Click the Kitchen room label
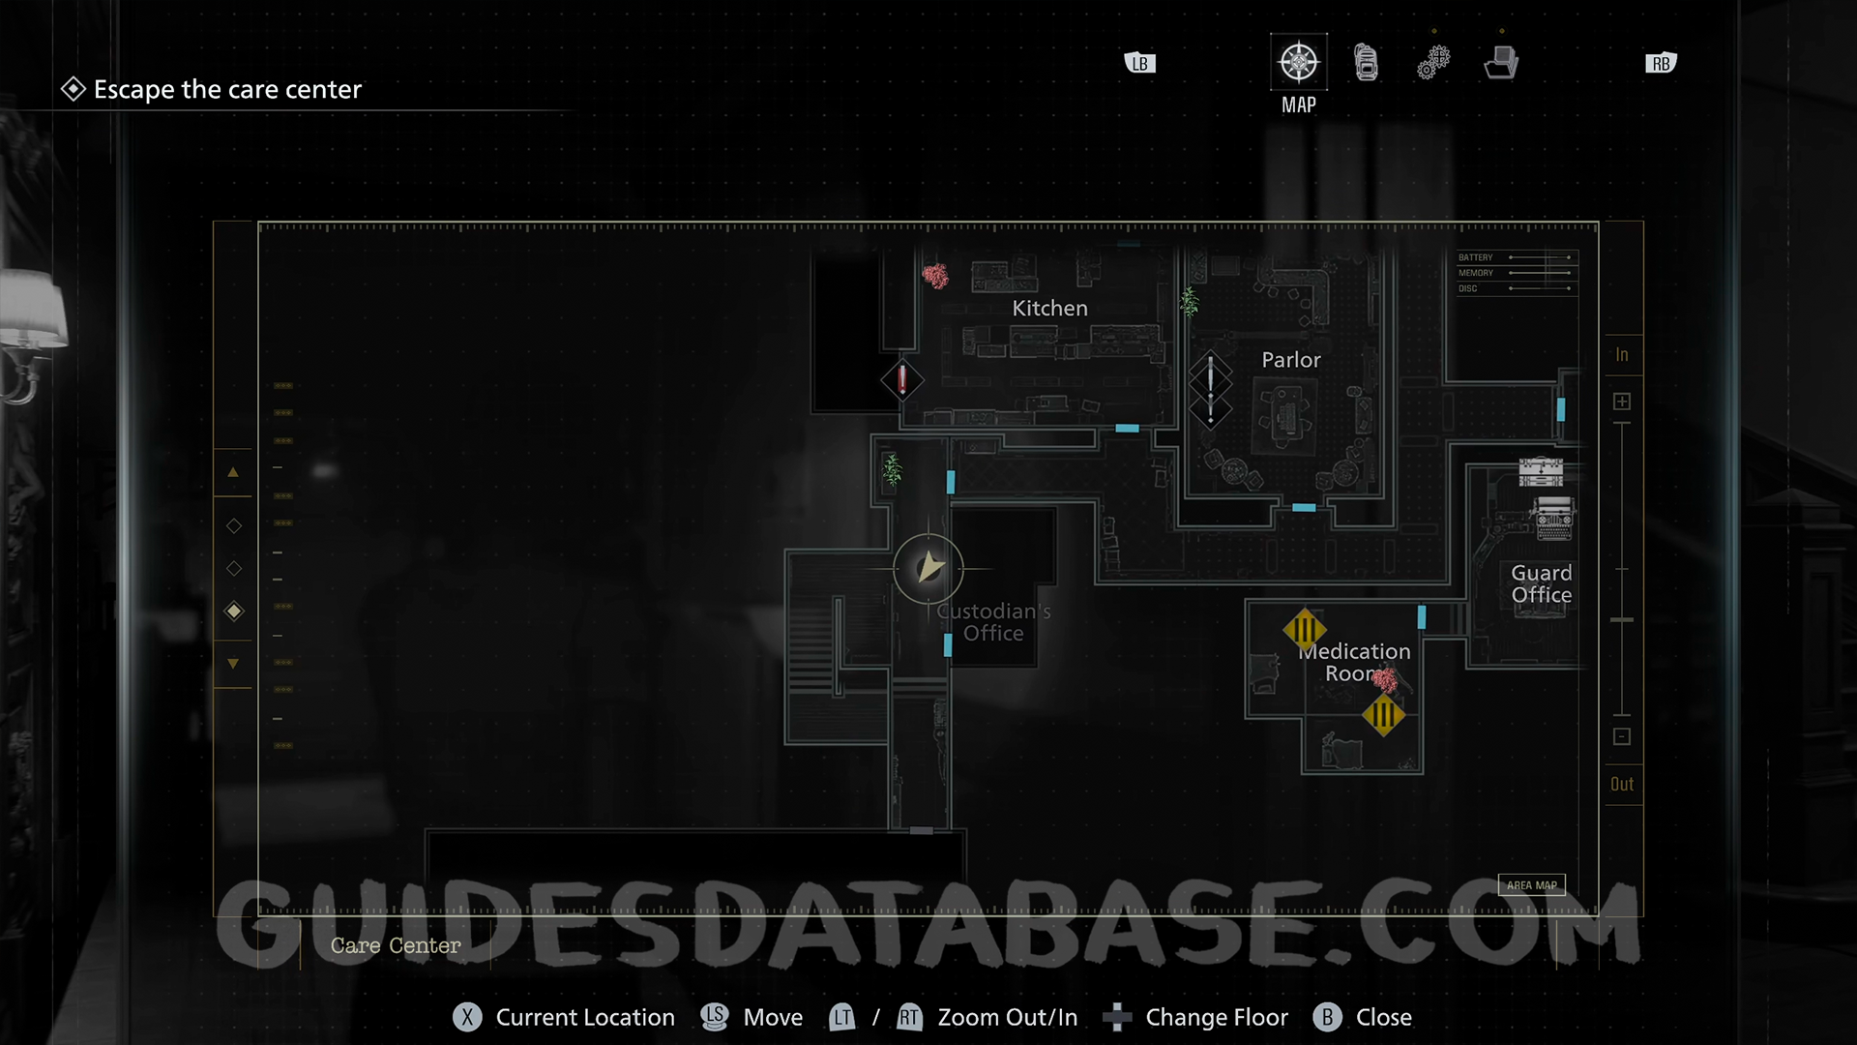pyautogui.click(x=1049, y=309)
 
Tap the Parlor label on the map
pyautogui.click(x=1290, y=360)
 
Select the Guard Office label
pyautogui.click(x=1541, y=584)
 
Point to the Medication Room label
pyautogui.click(x=1356, y=663)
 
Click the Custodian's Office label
pyautogui.click(x=993, y=622)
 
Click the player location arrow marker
pyautogui.click(x=928, y=568)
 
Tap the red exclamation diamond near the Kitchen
pyautogui.click(x=902, y=379)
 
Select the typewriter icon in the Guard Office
pyautogui.click(x=1553, y=519)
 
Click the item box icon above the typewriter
pyautogui.click(x=1541, y=471)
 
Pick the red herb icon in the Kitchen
pyautogui.click(x=935, y=277)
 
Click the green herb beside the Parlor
pyautogui.click(x=1190, y=302)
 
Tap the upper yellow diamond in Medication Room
pyautogui.click(x=1304, y=630)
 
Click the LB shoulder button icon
pyautogui.click(x=1140, y=64)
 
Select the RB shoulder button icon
pyautogui.click(x=1661, y=64)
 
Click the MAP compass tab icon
pyautogui.click(x=1298, y=63)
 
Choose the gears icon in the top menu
pyautogui.click(x=1433, y=63)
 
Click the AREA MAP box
pyautogui.click(x=1531, y=885)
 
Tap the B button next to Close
pyautogui.click(x=1327, y=1017)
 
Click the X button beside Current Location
pyautogui.click(x=467, y=1017)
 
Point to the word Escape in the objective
pyautogui.click(x=134, y=90)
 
